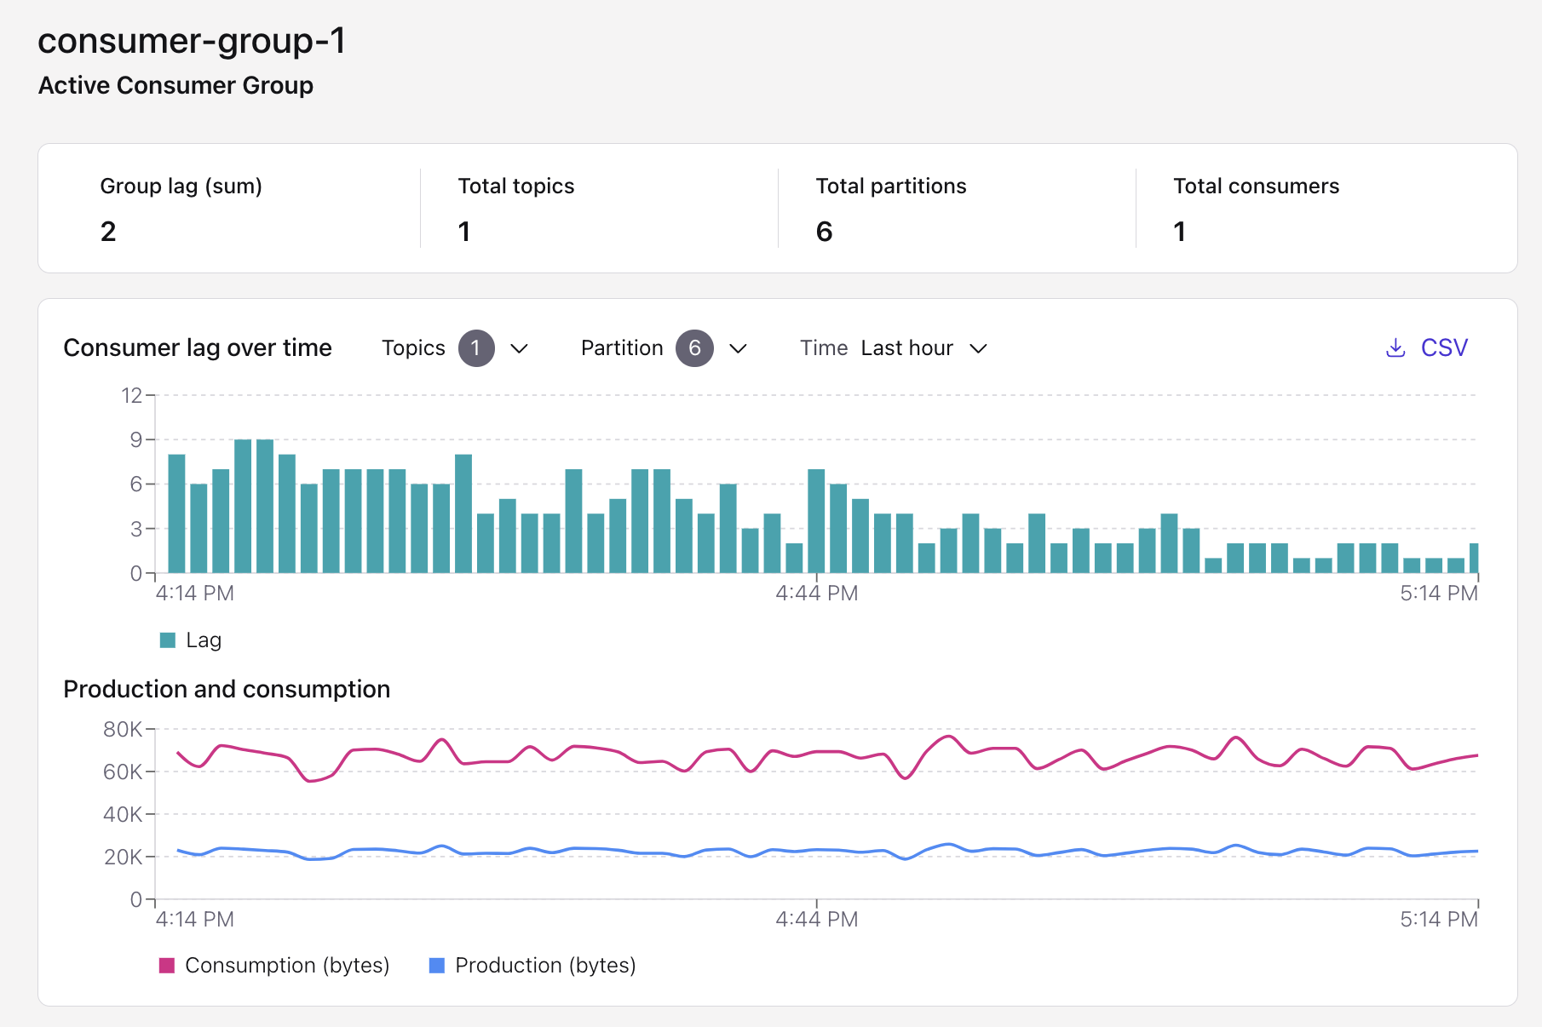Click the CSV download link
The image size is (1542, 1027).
click(1428, 347)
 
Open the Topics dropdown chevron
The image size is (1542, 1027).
click(519, 348)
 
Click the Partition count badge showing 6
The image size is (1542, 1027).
click(694, 348)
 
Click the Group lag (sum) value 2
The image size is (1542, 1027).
click(108, 232)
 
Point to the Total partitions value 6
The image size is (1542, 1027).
click(824, 232)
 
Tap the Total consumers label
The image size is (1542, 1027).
click(1256, 186)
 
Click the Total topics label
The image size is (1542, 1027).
click(515, 186)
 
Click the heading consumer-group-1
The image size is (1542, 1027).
click(192, 41)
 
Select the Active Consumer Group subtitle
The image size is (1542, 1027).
click(175, 85)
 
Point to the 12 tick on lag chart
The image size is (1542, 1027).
click(131, 395)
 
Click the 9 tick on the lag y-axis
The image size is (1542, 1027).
click(135, 439)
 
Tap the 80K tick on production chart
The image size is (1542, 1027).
click(123, 729)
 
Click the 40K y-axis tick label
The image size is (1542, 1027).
click(123, 814)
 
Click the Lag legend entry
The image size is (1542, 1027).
click(191, 640)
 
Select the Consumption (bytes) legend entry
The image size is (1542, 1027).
click(274, 965)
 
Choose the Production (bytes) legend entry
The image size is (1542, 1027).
click(532, 965)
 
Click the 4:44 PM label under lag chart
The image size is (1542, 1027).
click(816, 594)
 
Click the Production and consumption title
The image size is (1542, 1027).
click(227, 689)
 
